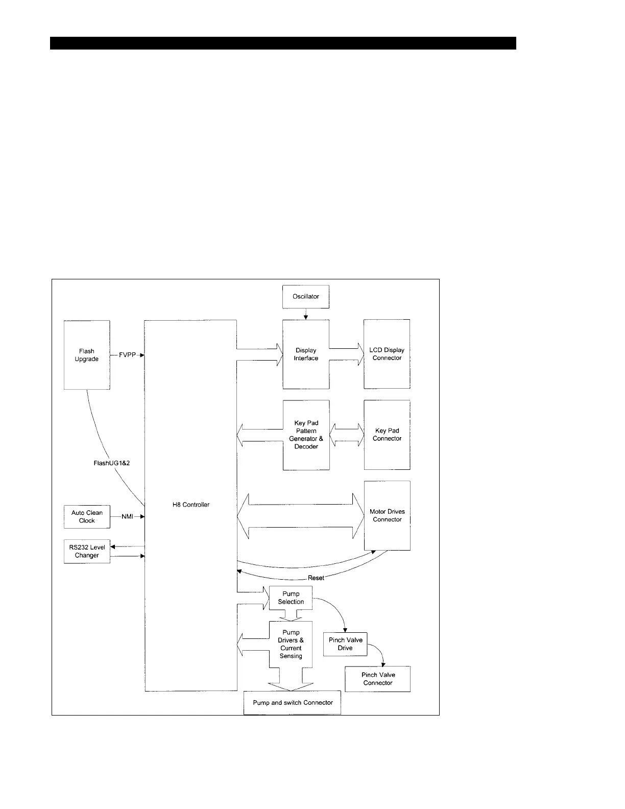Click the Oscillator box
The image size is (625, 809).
tap(305, 297)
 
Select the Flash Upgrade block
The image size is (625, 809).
tap(87, 355)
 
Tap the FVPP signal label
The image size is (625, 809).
tap(127, 355)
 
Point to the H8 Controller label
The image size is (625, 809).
tap(191, 505)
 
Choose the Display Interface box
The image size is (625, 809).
tap(306, 354)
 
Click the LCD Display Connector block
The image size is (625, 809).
tap(387, 354)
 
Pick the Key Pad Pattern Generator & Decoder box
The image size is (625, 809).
tap(306, 435)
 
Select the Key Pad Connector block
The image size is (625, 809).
tap(387, 435)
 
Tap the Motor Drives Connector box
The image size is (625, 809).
tap(387, 515)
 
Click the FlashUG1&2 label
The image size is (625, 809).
tap(112, 463)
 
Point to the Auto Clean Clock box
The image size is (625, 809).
tap(87, 517)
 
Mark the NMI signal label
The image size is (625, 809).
tap(127, 516)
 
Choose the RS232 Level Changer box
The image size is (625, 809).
tap(87, 552)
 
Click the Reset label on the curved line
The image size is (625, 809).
tap(316, 578)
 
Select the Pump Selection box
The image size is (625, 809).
tap(291, 598)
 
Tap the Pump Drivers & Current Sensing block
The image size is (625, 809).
tap(291, 644)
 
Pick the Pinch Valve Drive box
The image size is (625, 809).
tap(345, 644)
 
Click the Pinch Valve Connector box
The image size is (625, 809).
tap(378, 679)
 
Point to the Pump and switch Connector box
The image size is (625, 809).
tap(292, 703)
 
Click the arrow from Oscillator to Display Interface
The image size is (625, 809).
tap(306, 314)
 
